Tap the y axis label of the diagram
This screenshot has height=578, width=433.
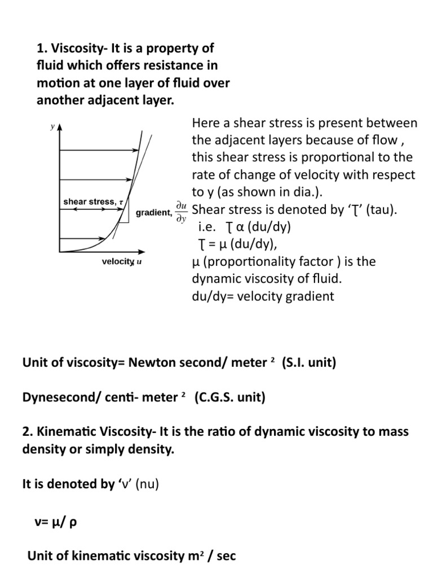coord(52,127)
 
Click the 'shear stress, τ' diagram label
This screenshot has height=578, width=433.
coord(93,201)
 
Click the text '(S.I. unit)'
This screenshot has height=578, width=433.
coord(308,362)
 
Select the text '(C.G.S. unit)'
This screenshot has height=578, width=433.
coord(229,397)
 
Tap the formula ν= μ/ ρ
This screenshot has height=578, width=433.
coord(55,521)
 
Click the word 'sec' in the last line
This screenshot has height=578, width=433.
coord(224,556)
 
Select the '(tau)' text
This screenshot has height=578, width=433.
coord(381,210)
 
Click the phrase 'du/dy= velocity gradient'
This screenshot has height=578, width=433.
coord(263,296)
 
